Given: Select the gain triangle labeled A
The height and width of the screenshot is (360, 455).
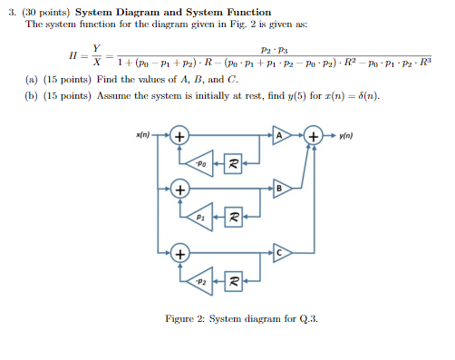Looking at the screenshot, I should pos(279,136).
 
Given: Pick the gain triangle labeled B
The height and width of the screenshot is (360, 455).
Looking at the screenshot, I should pos(279,189).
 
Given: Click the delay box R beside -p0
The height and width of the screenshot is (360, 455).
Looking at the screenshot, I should pos(234,164).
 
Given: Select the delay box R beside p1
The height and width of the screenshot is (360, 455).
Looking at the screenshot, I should pos(234,218).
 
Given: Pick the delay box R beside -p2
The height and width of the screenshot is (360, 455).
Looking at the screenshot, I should pos(234,282).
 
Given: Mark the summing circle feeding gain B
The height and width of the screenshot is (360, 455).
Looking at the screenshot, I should pos(180,190).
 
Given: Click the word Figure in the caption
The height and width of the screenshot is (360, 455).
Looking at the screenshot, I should pos(183,318).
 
